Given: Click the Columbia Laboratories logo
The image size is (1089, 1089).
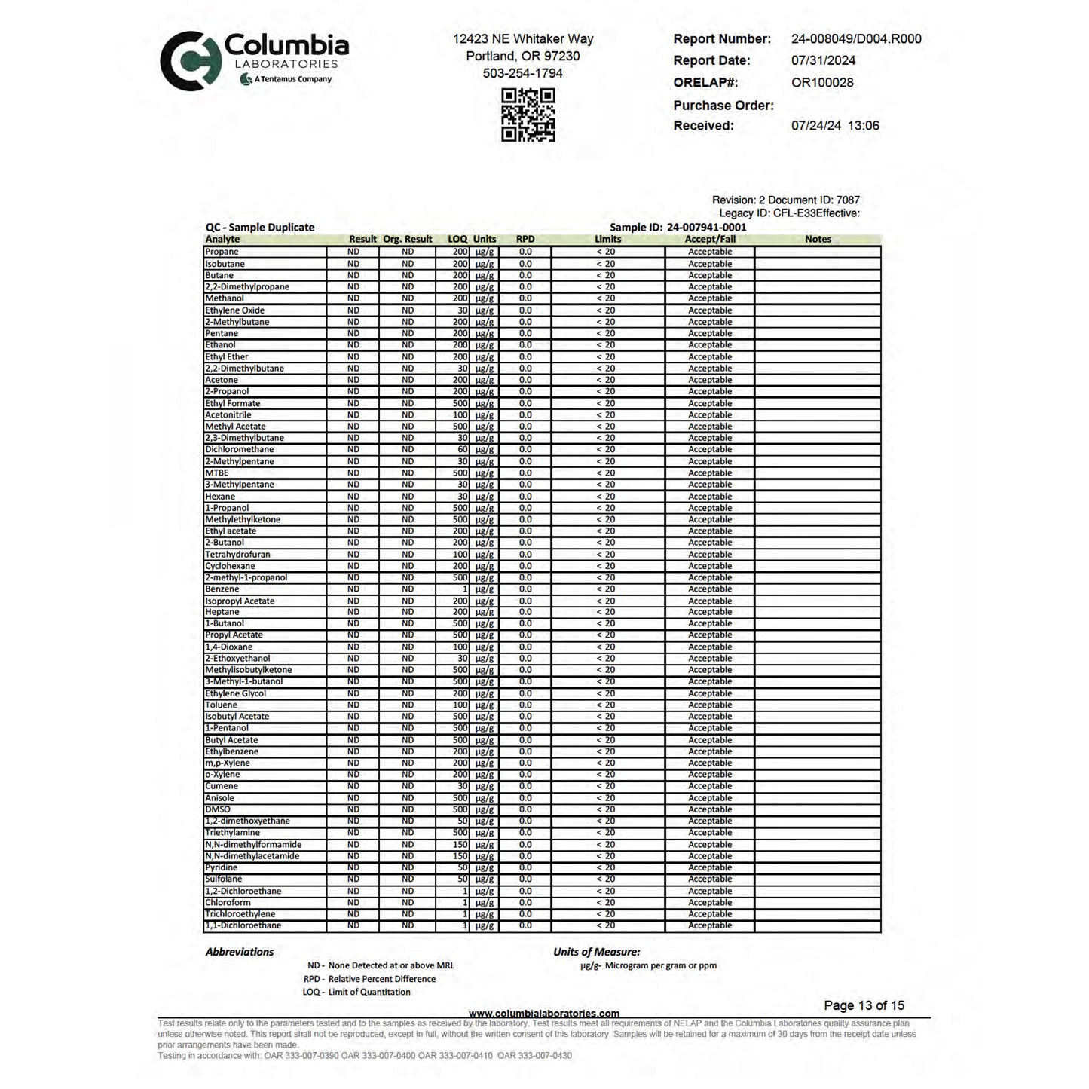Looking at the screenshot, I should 253,60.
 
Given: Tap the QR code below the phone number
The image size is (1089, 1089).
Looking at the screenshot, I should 528,115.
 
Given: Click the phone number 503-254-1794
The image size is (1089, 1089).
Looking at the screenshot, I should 522,73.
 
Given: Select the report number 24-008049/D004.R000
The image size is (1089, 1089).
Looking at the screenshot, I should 856,39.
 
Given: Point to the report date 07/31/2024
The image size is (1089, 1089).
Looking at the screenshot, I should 823,60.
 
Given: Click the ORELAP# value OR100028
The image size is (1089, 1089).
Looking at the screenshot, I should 822,83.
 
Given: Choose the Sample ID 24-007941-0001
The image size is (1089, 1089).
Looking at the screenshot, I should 707,227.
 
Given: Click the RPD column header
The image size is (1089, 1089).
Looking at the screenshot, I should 525,239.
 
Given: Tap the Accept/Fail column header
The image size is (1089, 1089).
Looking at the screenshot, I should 710,239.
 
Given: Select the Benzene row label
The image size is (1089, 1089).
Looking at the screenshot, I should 222,589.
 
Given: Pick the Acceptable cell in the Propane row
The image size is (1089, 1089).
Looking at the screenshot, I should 710,252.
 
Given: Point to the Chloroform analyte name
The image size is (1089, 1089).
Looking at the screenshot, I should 228,903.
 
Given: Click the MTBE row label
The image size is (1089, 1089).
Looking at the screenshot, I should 217,473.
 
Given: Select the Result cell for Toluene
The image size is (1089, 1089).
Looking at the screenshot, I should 353,705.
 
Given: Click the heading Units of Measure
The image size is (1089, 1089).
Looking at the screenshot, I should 597,952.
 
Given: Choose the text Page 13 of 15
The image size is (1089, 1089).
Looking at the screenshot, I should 864,1005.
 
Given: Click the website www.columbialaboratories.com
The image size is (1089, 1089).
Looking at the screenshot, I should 544,1014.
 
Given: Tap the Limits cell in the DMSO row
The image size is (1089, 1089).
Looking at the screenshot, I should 607,810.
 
